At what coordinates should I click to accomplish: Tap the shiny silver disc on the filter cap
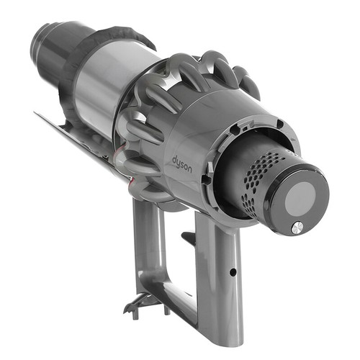tap(297, 227)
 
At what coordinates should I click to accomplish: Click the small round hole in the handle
tap(233, 272)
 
